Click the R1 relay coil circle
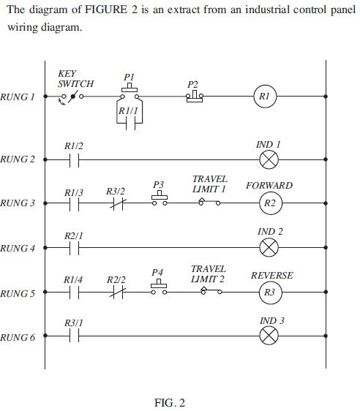click(x=266, y=97)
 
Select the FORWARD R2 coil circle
click(x=270, y=203)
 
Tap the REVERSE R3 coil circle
click(x=270, y=293)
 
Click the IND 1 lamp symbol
click(x=270, y=159)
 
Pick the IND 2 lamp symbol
click(x=270, y=248)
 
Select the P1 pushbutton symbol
click(x=130, y=92)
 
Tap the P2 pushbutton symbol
click(x=194, y=96)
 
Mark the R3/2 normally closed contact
click(x=115, y=203)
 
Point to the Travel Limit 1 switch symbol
click(x=209, y=202)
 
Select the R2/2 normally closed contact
click(x=115, y=293)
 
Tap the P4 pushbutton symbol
click(x=159, y=289)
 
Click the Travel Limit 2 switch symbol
click(x=209, y=292)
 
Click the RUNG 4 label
click(x=18, y=248)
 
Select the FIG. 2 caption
click(x=170, y=403)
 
